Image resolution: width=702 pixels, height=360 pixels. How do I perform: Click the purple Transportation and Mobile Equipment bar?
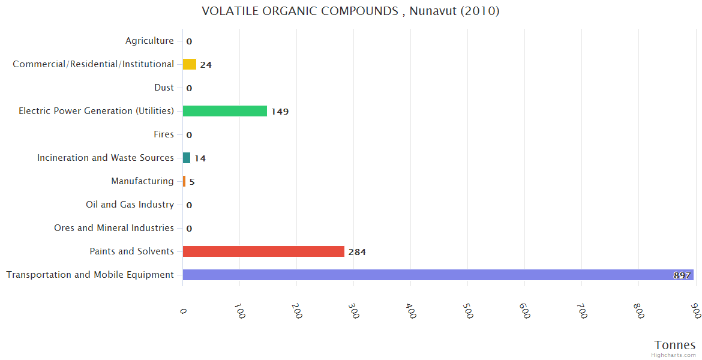(x=438, y=275)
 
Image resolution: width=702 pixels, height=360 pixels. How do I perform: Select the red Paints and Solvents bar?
(x=263, y=251)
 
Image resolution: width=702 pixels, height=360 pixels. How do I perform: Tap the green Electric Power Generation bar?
(x=225, y=111)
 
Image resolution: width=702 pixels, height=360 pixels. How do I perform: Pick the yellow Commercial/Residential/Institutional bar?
(x=190, y=64)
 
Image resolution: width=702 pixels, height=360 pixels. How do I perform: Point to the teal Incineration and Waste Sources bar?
(x=187, y=158)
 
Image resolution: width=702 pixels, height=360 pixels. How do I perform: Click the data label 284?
(x=357, y=252)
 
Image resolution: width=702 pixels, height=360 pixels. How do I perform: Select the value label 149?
(x=280, y=112)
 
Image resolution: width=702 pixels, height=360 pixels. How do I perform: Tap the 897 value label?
(x=682, y=275)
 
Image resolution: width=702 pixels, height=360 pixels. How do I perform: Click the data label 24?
(x=206, y=65)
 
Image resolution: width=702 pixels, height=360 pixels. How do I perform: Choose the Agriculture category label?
(x=149, y=41)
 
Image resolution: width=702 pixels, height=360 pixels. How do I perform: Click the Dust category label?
(x=164, y=88)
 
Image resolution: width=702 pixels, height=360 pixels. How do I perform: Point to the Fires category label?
(x=163, y=134)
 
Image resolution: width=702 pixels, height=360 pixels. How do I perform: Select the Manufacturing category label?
(x=142, y=181)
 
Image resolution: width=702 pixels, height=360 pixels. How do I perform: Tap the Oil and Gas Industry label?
(x=130, y=205)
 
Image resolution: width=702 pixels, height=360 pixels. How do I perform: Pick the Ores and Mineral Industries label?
(x=114, y=228)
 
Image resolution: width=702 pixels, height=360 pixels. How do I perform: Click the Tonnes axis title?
(x=675, y=345)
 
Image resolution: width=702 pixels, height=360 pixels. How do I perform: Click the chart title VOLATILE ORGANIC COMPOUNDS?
(x=350, y=11)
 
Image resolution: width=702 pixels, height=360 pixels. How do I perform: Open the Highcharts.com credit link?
(x=674, y=355)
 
